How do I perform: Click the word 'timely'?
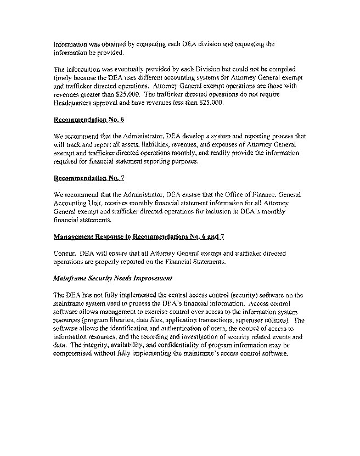63,78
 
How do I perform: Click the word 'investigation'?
187,337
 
